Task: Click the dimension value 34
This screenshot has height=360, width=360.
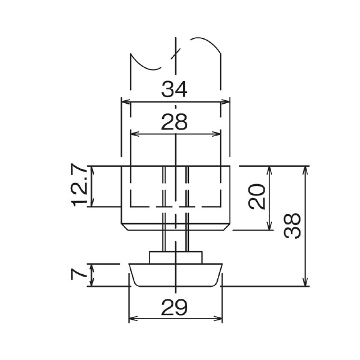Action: click(x=174, y=89)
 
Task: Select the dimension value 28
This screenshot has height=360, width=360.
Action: click(x=174, y=122)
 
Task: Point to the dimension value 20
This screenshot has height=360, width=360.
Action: click(x=257, y=196)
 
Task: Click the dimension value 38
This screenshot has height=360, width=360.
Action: click(x=292, y=226)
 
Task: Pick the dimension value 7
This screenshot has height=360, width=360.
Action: click(x=79, y=275)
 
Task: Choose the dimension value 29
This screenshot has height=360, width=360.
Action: click(x=174, y=307)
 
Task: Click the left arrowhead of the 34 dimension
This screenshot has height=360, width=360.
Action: click(x=125, y=102)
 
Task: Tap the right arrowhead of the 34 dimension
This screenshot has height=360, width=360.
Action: click(x=225, y=102)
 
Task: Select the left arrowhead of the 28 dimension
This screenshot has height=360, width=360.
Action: click(x=135, y=134)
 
